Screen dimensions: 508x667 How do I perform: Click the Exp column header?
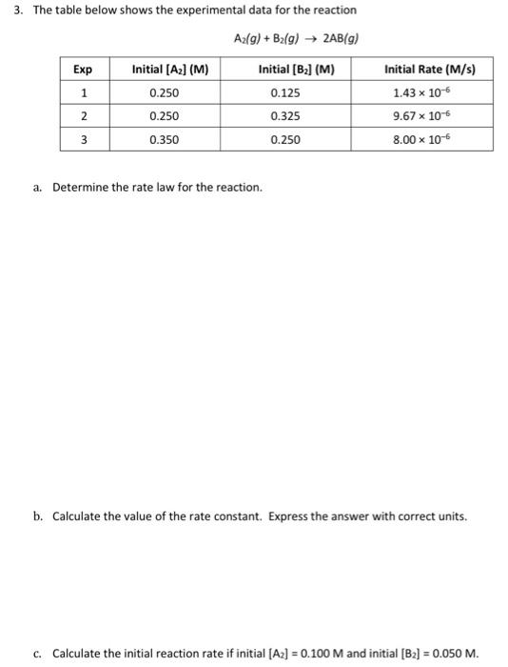pos(84,70)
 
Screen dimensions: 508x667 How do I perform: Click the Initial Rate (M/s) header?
pos(429,70)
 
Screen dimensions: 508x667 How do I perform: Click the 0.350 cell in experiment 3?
pos(165,139)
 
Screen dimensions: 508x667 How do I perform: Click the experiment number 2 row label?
pos(84,116)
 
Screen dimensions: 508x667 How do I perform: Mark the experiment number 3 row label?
pos(84,139)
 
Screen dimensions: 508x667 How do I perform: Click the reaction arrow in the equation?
pos(307,38)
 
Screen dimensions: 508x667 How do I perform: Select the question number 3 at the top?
pos(7,10)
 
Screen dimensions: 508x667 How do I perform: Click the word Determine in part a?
pos(80,187)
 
